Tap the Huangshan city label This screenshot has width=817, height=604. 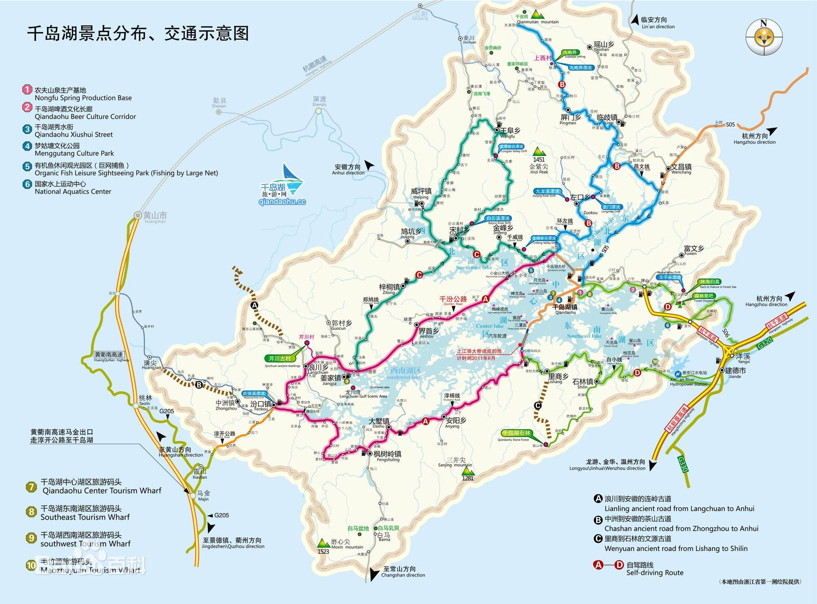155,216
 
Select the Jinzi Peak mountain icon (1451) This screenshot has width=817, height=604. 539,151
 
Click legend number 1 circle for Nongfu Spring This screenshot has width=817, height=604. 27,89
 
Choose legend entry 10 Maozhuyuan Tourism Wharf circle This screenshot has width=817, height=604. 31,565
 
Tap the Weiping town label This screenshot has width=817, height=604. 421,191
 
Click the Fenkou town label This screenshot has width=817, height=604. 260,404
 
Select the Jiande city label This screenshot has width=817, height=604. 735,371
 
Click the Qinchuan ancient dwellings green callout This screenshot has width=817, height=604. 279,358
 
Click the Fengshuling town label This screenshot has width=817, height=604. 388,454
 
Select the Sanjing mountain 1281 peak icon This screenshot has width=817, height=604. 467,471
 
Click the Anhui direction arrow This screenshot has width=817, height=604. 369,165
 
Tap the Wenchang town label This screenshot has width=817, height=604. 681,167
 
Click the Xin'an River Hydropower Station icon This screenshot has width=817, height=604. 678,373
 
